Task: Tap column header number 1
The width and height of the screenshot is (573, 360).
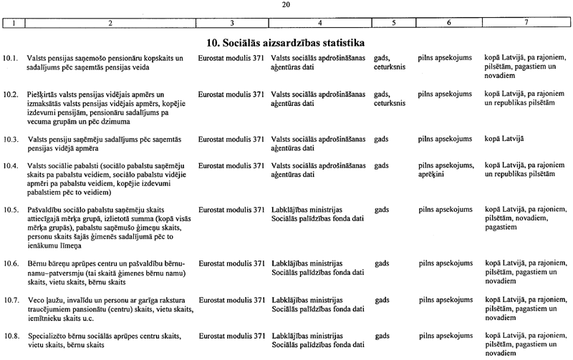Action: coord(12,24)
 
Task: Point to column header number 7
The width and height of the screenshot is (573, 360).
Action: coord(526,24)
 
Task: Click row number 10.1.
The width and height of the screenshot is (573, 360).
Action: coord(10,57)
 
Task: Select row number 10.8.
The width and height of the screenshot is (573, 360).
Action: coord(10,335)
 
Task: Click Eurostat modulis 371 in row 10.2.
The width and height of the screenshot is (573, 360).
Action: coord(231,94)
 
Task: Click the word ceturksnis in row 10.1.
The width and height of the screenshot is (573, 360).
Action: coord(390,67)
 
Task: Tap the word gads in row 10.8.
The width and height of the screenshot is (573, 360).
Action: coord(382,335)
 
